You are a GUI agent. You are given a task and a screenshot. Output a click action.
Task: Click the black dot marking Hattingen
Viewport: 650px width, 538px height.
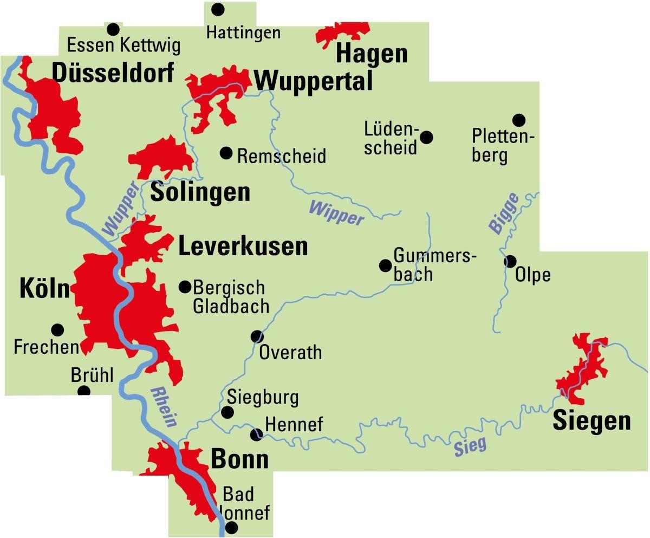point(218,9)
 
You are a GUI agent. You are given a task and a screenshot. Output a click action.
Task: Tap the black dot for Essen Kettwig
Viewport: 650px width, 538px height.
point(113,29)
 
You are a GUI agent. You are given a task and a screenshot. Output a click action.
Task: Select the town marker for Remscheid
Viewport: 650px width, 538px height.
point(226,153)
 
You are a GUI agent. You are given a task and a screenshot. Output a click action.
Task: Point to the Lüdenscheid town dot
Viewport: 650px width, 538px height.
point(427,137)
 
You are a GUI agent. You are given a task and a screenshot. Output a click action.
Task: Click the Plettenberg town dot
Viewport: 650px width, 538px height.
point(519,120)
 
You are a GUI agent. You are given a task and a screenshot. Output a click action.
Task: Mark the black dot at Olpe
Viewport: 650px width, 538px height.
point(510,262)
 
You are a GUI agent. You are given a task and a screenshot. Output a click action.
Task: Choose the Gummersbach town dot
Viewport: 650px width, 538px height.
point(385,265)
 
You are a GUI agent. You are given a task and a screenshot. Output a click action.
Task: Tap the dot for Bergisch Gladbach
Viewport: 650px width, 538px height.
point(185,286)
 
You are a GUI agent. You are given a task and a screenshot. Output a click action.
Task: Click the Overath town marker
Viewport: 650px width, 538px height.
point(257,337)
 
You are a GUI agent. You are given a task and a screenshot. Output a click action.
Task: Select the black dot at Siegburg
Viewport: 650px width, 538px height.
point(227,412)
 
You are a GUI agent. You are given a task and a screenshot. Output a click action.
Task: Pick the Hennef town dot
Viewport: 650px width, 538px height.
point(256,434)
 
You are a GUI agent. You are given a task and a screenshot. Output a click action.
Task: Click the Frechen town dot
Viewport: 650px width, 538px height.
point(57,329)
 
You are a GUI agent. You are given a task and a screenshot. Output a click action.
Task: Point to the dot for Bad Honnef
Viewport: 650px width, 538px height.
point(231,528)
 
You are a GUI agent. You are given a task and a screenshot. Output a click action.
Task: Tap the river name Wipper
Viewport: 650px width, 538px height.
point(336,212)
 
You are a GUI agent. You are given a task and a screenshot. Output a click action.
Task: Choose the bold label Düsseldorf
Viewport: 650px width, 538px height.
point(113,72)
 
